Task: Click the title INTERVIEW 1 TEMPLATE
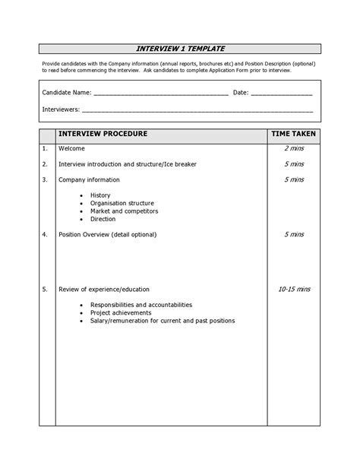click(x=180, y=49)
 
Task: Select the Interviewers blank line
click(x=197, y=110)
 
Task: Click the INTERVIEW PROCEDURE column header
click(x=103, y=134)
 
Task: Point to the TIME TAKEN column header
click(x=294, y=134)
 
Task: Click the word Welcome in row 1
click(x=72, y=148)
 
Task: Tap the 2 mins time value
click(x=294, y=148)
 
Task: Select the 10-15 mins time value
click(x=294, y=290)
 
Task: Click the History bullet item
click(x=100, y=195)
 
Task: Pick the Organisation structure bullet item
click(x=122, y=203)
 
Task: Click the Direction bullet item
click(x=103, y=219)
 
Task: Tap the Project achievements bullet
click(x=121, y=312)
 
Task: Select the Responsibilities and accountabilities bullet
click(x=141, y=305)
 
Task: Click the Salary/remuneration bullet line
click(x=162, y=321)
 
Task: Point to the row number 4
click(x=45, y=234)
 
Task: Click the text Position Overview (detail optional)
click(x=108, y=234)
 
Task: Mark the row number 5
click(x=45, y=290)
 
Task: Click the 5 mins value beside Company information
click(x=294, y=179)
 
